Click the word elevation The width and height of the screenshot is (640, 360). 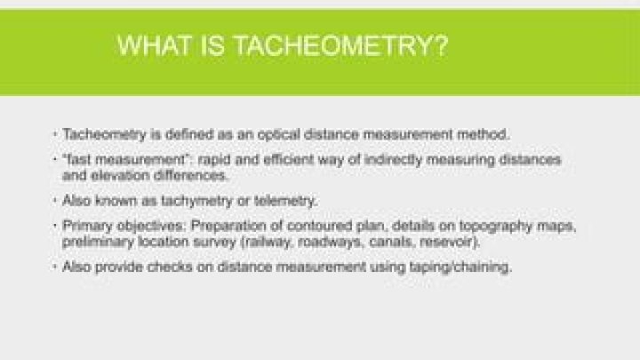pos(112,174)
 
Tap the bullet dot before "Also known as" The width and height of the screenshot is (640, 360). pos(54,200)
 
